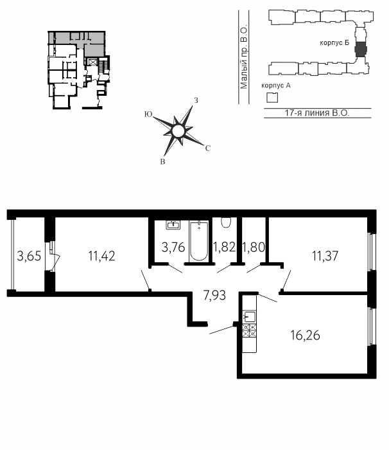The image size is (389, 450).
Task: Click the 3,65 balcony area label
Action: pyautogui.click(x=29, y=255)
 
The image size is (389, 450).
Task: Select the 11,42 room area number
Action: pyautogui.click(x=102, y=256)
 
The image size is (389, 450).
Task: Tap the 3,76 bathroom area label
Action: pyautogui.click(x=173, y=247)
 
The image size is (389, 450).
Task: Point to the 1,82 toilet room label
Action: pyautogui.click(x=224, y=247)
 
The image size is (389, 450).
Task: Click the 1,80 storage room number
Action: pyautogui.click(x=254, y=247)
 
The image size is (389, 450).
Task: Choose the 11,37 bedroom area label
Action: pyautogui.click(x=325, y=256)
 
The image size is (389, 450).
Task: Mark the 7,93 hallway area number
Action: pyautogui.click(x=214, y=295)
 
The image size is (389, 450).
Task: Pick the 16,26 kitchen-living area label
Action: pyautogui.click(x=306, y=335)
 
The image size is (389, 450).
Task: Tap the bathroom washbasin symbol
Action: pyautogui.click(x=173, y=225)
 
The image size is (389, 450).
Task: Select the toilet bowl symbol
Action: pyautogui.click(x=226, y=222)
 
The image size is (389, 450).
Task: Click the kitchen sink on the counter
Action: pyautogui.click(x=250, y=317)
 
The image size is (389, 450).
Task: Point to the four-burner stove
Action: pyautogui.click(x=250, y=330)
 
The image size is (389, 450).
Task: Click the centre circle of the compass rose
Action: pyautogui.click(x=178, y=131)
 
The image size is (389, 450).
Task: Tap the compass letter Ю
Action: pyautogui.click(x=148, y=114)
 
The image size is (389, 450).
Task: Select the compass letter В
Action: pyautogui.click(x=162, y=162)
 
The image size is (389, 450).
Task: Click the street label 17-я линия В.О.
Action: pyautogui.click(x=317, y=113)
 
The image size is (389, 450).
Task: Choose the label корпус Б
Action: pyautogui.click(x=334, y=43)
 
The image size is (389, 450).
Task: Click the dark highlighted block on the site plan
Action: pyautogui.click(x=360, y=49)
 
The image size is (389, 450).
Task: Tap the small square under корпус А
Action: pyautogui.click(x=272, y=98)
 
